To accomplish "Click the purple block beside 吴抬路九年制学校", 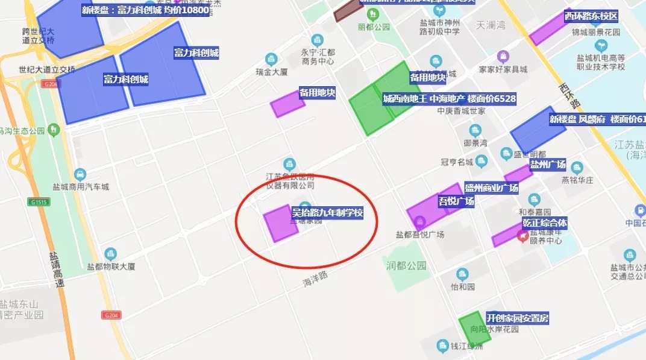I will click(280, 223).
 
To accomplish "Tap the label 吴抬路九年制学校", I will click(327, 213).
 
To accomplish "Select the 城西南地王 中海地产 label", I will click(450, 98).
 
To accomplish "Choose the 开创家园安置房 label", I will click(518, 318).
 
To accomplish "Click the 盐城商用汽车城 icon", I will click(80, 175).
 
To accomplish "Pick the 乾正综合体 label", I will click(545, 223).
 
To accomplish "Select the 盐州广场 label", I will click(548, 164).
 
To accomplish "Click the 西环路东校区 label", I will click(591, 16).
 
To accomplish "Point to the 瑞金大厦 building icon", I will click(271, 59).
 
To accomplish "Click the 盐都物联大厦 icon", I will click(110, 254).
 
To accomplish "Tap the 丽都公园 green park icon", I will click(372, 13).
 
